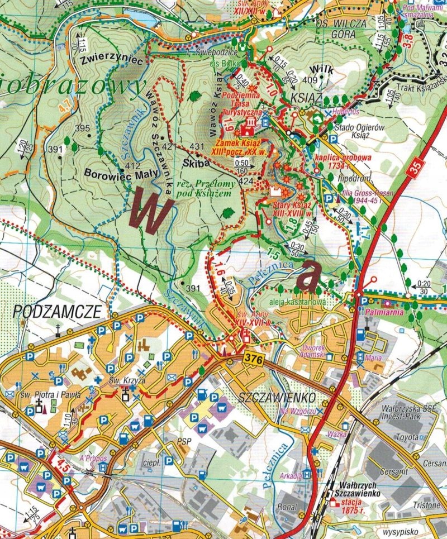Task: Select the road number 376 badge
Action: [x=253, y=361]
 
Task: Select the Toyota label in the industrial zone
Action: [x=406, y=437]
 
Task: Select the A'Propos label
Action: [x=92, y=458]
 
